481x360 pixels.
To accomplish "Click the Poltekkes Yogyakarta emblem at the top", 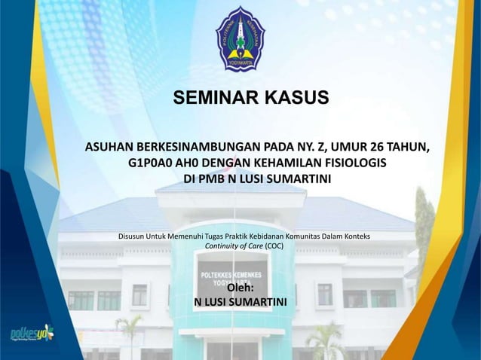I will click(x=240, y=39).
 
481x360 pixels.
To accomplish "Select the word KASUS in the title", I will click(x=295, y=99).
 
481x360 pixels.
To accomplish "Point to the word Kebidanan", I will click(x=281, y=236).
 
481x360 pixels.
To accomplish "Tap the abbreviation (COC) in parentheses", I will click(x=274, y=246).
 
